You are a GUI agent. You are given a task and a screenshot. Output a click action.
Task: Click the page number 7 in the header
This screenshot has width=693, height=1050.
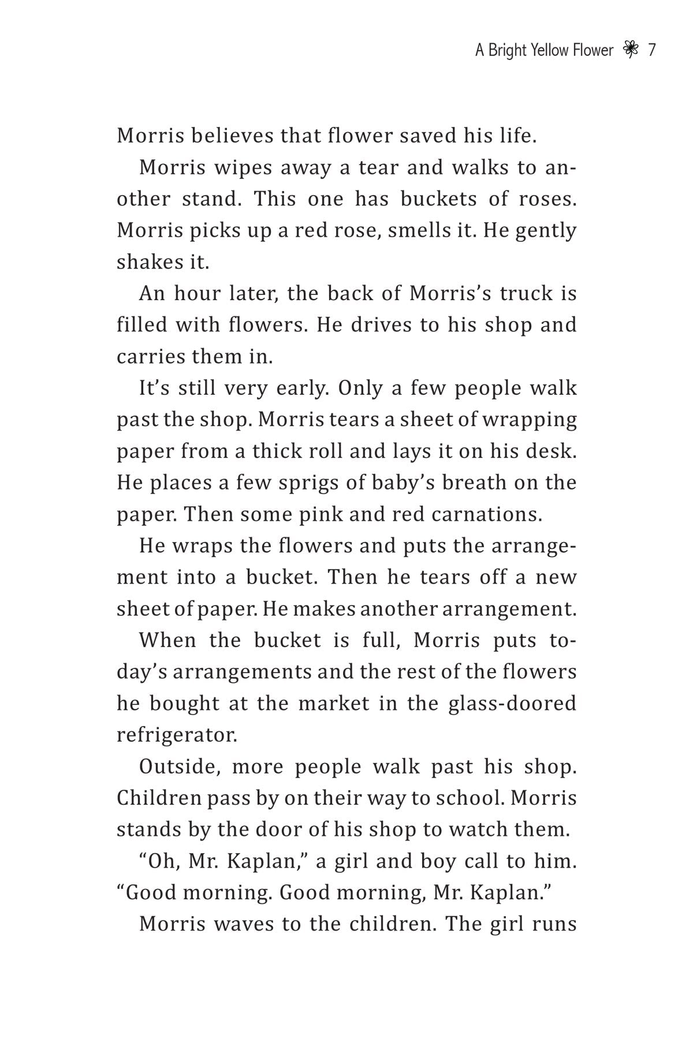pos(652,51)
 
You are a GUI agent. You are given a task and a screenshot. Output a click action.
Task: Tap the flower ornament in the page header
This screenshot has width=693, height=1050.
pos(631,51)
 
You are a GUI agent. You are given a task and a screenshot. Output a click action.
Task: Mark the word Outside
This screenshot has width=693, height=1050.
pos(180,767)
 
